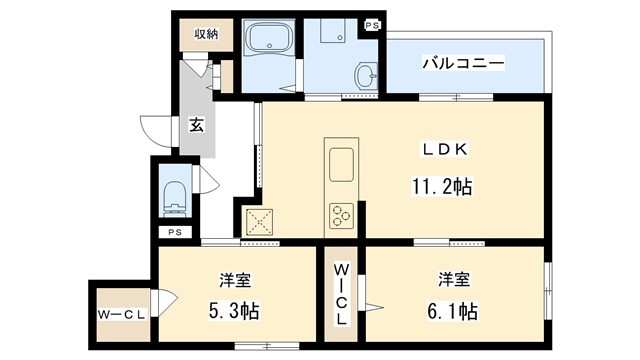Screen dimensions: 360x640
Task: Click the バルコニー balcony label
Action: pyautogui.click(x=462, y=63)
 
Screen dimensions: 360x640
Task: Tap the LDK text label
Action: pyautogui.click(x=445, y=150)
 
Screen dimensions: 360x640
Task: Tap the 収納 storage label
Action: pyautogui.click(x=206, y=33)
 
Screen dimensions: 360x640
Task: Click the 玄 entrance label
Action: pyautogui.click(x=196, y=126)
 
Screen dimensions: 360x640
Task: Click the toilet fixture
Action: pyautogui.click(x=175, y=196)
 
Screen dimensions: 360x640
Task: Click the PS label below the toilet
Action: pyautogui.click(x=175, y=233)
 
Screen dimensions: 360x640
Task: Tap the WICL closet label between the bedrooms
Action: pyautogui.click(x=341, y=292)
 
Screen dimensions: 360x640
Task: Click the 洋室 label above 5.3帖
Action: pyautogui.click(x=235, y=277)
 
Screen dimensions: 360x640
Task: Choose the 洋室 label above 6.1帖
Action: pyautogui.click(x=454, y=277)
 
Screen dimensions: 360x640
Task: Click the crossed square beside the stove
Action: pyautogui.click(x=261, y=219)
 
